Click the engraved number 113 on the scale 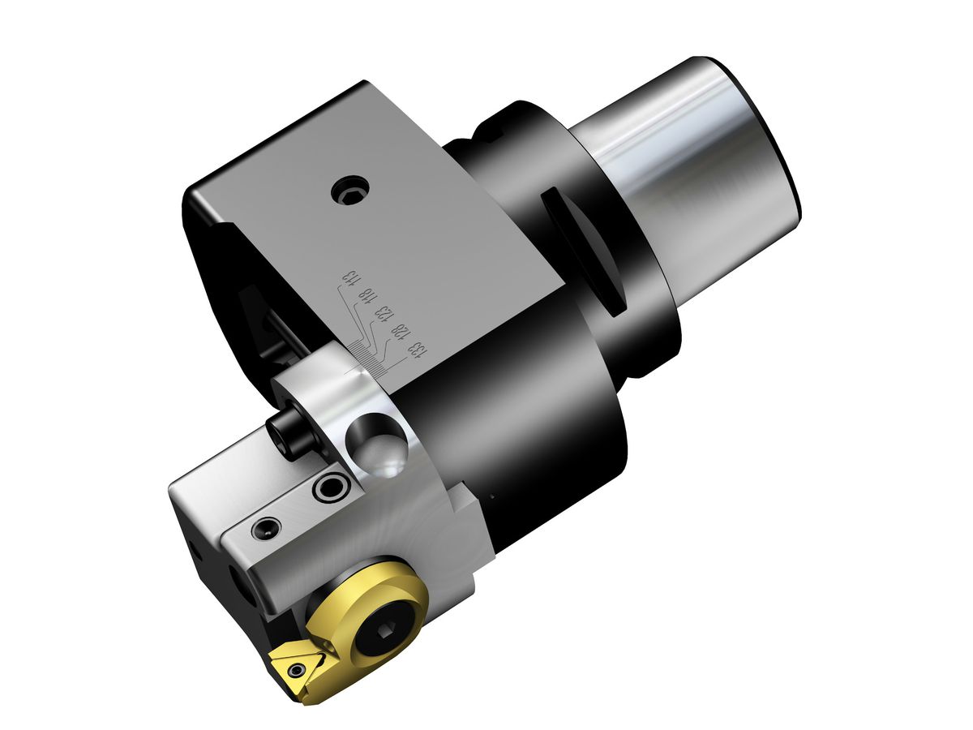pyautogui.click(x=349, y=277)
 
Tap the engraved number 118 pyautogui.click(x=366, y=298)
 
